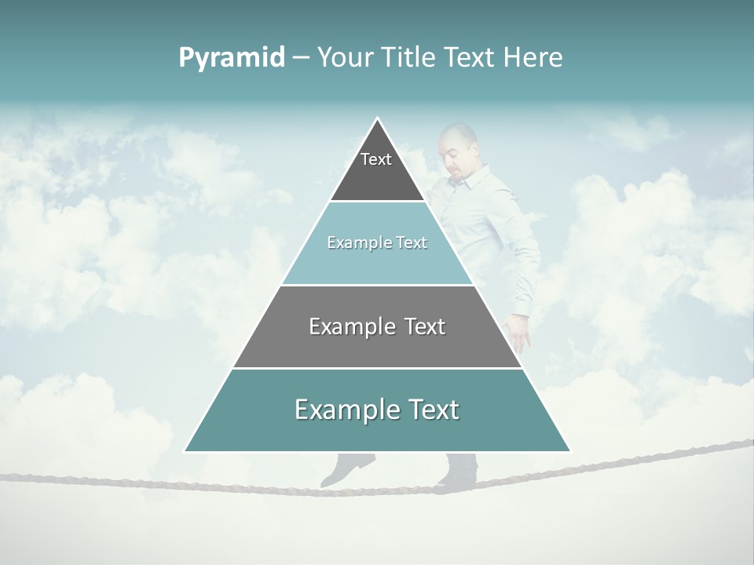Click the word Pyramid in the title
pos(231,58)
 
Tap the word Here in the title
pos(533,57)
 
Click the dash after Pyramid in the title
pos(300,58)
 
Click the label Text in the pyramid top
pos(376,159)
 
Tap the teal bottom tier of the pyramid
pos(377,432)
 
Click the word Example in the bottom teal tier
pos(346,410)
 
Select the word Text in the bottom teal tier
pos(434,410)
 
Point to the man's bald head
pos(457,141)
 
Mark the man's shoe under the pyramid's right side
pos(457,471)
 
